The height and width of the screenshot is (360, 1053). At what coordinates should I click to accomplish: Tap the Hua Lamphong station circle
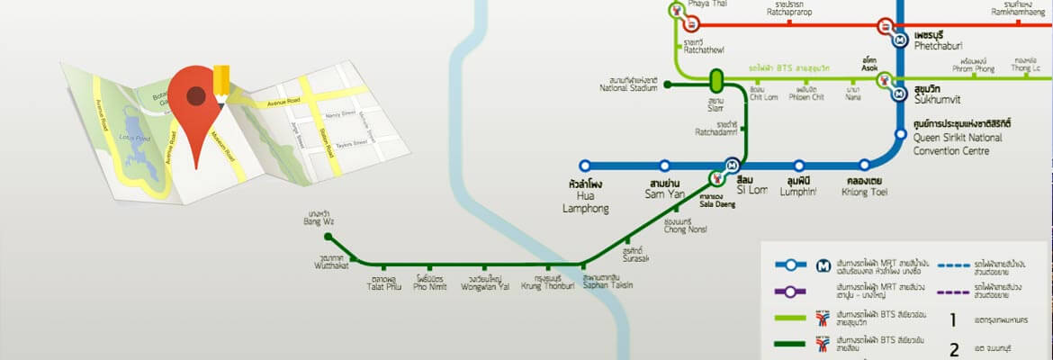click(x=585, y=166)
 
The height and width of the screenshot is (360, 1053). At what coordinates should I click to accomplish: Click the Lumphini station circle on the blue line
click(x=798, y=166)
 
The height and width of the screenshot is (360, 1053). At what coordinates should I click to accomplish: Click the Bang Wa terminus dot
click(x=328, y=238)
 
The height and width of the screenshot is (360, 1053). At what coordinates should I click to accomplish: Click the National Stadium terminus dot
click(x=667, y=85)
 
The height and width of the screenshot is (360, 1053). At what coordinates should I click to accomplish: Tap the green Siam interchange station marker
click(x=716, y=81)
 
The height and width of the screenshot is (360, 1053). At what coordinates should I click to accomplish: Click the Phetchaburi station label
click(x=941, y=42)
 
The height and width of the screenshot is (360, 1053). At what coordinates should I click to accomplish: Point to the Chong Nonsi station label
click(x=685, y=225)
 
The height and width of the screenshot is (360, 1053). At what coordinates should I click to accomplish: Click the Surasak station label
click(x=634, y=256)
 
